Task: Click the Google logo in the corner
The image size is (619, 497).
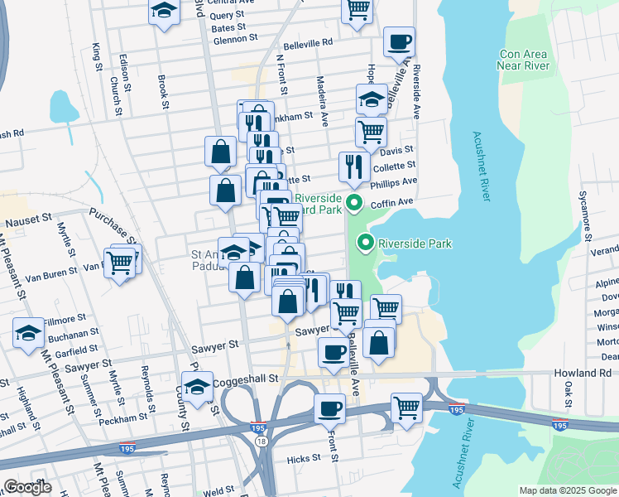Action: (29, 487)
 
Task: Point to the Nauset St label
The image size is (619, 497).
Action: (29, 222)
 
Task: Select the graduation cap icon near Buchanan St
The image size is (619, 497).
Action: (29, 334)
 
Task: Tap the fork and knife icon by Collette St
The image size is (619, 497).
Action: (354, 166)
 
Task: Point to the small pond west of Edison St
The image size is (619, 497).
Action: (64, 106)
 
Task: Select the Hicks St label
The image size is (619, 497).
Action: (304, 458)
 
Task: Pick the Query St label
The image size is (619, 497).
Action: (227, 15)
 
